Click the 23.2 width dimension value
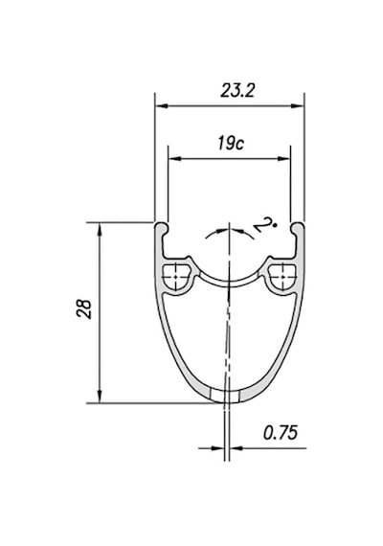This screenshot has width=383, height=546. point(237,91)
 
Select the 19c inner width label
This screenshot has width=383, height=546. point(231,143)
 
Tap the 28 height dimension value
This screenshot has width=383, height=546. point(84,308)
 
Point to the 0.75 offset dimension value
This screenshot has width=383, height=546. point(281,433)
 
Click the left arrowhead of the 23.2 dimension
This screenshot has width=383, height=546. point(162,106)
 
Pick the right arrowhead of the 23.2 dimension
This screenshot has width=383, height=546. point(297,106)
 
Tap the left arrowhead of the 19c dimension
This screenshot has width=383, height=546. point(175,159)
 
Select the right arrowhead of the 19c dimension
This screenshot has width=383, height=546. point(283,159)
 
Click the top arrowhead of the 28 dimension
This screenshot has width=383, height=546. point(100,229)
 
